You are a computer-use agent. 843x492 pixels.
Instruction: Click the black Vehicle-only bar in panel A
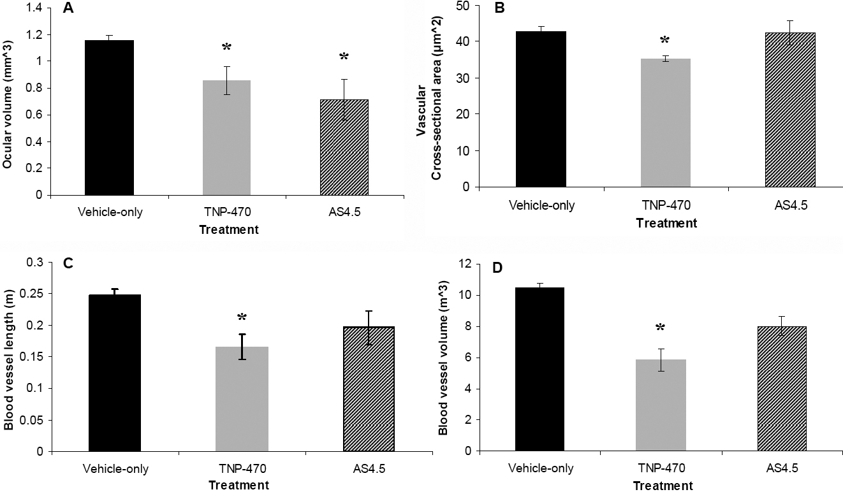click(109, 117)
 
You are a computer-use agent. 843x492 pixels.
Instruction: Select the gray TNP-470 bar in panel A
click(226, 137)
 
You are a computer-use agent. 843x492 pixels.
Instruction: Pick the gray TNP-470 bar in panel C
click(242, 399)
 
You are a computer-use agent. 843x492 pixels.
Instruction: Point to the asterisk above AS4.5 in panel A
click(344, 57)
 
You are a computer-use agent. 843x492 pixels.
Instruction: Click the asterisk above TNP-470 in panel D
click(661, 329)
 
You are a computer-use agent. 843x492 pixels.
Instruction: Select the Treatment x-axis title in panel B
click(667, 223)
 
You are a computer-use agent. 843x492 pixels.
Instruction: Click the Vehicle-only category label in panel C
click(115, 469)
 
